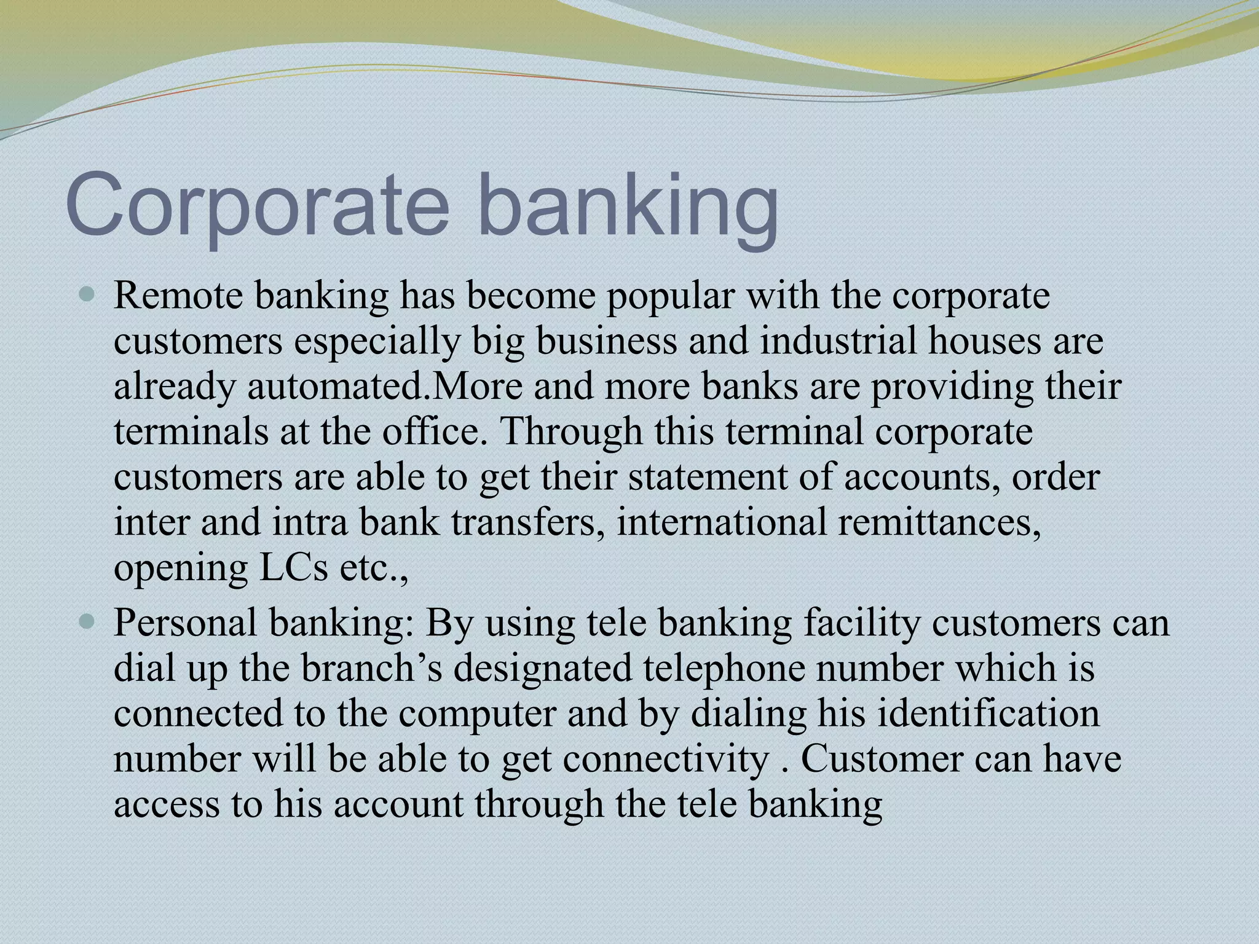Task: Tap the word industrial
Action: click(839, 340)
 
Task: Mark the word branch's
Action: click(371, 668)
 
